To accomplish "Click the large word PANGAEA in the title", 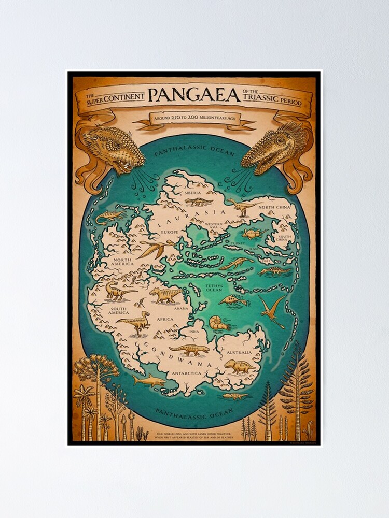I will click(194, 95).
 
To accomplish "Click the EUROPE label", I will click(169, 232).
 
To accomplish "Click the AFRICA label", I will click(165, 319).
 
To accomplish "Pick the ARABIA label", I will click(181, 308).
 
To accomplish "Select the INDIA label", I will click(195, 332).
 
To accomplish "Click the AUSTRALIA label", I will click(239, 352).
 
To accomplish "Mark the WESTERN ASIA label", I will click(214, 225).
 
